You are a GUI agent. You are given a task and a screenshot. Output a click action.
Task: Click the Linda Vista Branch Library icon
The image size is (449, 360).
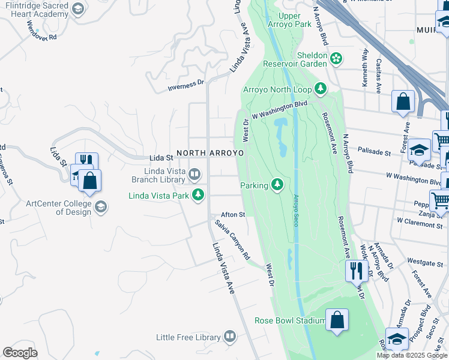[194, 175]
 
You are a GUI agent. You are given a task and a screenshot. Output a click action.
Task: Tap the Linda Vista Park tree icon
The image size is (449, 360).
[198, 195]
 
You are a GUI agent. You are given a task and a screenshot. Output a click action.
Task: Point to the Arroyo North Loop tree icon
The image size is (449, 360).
[321, 89]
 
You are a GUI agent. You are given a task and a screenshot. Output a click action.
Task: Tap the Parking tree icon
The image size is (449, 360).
[277, 185]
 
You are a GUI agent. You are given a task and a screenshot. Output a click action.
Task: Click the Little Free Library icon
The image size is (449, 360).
[230, 337]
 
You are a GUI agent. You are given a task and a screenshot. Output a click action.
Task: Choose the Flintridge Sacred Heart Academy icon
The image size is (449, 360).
[77, 8]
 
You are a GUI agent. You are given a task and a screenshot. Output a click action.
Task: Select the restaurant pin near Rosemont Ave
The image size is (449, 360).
[356, 271]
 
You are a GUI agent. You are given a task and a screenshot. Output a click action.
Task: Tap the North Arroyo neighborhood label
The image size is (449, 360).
[210, 153]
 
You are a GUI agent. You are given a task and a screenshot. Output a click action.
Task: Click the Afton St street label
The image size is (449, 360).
[233, 214]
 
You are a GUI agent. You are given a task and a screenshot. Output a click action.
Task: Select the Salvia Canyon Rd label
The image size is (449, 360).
[233, 240]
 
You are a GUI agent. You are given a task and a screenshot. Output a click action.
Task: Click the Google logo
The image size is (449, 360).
[20, 353]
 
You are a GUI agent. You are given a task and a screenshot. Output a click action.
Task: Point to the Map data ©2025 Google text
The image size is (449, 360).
[411, 355]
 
